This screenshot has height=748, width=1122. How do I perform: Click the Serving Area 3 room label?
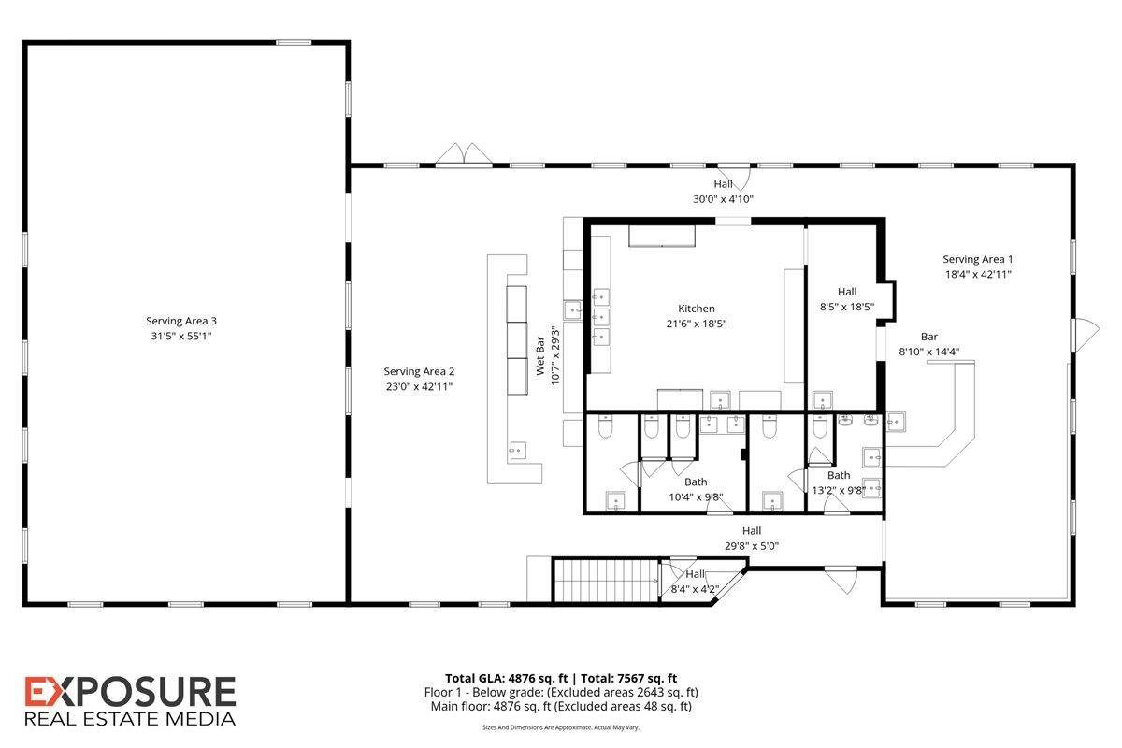pos(181,321)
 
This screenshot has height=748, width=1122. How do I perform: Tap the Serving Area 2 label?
pos(419,371)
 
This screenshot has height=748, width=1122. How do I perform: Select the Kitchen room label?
pos(697,309)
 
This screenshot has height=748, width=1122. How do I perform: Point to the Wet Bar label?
pos(540,355)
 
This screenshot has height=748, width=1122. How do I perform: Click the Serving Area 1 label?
pos(978,259)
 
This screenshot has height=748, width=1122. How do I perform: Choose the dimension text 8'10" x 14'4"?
pos(929,352)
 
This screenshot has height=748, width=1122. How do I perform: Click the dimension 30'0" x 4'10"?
pos(724,199)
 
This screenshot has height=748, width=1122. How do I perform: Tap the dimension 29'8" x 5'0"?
pos(752,546)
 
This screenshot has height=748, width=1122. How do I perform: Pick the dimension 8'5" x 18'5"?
pos(847,307)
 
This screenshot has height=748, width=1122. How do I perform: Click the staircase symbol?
pos(606,582)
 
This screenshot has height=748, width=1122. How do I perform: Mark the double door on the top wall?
pos(464,154)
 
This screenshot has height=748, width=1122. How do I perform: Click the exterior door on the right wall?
pos(1086,335)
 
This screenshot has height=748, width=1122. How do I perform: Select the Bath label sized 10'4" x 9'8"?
pos(696,482)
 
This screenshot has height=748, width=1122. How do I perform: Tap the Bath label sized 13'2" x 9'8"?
pos(839,475)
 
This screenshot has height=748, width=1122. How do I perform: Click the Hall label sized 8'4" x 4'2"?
pos(696,574)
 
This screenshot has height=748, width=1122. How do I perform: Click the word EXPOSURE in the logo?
pos(130,692)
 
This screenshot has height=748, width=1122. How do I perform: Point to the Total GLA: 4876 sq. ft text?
pos(507,679)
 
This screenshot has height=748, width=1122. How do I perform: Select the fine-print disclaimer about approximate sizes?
pos(561,727)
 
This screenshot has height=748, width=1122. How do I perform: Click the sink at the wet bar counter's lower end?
pos(518,451)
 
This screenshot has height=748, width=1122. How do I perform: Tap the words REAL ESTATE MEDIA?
pos(130,719)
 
